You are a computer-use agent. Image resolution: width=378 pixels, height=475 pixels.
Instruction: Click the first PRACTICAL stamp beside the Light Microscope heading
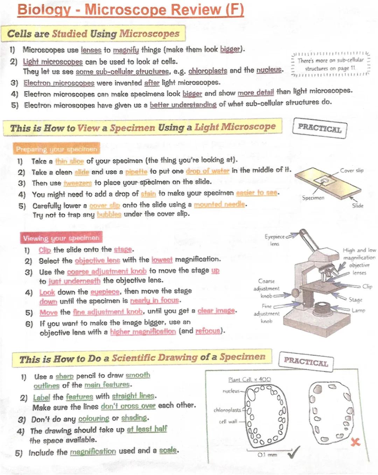[319, 128]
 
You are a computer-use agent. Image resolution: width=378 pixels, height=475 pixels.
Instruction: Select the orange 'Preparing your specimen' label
[56, 149]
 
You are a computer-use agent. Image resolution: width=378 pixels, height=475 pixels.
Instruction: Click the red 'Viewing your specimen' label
[61, 238]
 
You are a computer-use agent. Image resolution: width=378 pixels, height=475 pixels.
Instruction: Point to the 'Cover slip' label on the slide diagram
[351, 171]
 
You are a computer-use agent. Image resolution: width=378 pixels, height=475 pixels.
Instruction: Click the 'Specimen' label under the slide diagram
[313, 198]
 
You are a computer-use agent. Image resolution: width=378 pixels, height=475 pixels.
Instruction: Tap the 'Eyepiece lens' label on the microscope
[275, 240]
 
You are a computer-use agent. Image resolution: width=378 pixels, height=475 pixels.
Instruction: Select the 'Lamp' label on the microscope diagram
[358, 310]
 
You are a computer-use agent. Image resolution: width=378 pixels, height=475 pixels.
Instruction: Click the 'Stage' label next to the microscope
[355, 300]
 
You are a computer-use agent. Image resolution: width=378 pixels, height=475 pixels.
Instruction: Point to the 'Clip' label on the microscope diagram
[367, 286]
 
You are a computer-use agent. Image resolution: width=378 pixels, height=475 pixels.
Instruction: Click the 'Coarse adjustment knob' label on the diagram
[267, 288]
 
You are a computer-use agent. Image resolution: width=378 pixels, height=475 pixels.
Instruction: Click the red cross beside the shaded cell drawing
[355, 442]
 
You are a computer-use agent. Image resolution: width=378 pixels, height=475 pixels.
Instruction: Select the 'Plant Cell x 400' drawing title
[249, 380]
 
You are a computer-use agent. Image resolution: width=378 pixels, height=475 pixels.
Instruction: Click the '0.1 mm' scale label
[267, 455]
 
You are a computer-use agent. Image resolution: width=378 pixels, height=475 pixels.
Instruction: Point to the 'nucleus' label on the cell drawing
[231, 391]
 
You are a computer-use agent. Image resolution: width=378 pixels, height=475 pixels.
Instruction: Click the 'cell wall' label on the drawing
[228, 421]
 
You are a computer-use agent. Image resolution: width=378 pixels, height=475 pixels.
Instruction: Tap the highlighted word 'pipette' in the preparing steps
[136, 172]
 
